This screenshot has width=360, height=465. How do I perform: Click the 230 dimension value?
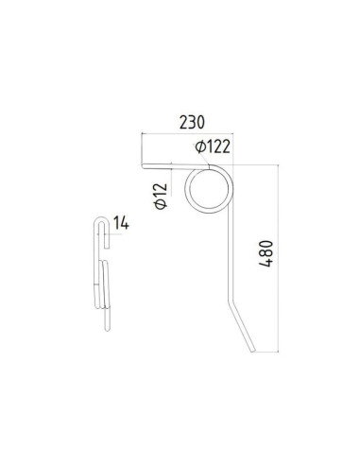(x=192, y=121)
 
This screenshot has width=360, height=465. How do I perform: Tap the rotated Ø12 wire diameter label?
(x=161, y=197)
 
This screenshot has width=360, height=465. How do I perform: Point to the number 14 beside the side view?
(x=120, y=223)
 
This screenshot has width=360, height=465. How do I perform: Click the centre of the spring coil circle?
(x=209, y=186)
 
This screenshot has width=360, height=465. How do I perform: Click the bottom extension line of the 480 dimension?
(x=268, y=353)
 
